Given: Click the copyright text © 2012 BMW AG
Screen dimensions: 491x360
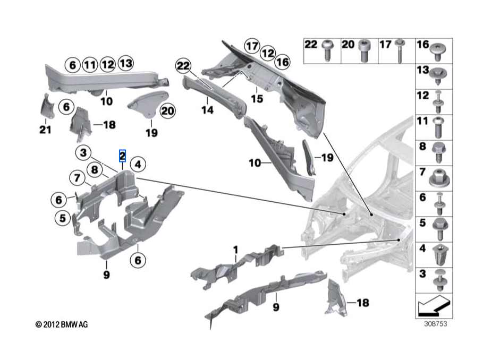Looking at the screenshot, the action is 62,324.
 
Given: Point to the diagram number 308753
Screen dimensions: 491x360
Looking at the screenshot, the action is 436,324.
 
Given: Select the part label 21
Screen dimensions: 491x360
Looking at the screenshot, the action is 45,130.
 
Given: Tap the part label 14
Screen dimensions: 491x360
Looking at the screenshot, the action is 207,110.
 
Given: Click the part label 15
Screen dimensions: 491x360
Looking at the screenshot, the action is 257,99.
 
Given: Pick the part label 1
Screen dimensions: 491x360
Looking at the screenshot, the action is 235,250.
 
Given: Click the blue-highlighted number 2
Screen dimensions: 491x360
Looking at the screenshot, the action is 122,156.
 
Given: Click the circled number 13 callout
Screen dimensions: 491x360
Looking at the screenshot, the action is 125,63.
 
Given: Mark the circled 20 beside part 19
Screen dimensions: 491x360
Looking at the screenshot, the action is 167,111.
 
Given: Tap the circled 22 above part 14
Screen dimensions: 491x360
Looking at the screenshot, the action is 183,66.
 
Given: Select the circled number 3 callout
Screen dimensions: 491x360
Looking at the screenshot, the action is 83,152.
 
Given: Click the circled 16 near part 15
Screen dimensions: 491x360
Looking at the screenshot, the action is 283,62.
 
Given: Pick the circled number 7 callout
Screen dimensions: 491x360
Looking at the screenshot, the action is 77,178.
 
